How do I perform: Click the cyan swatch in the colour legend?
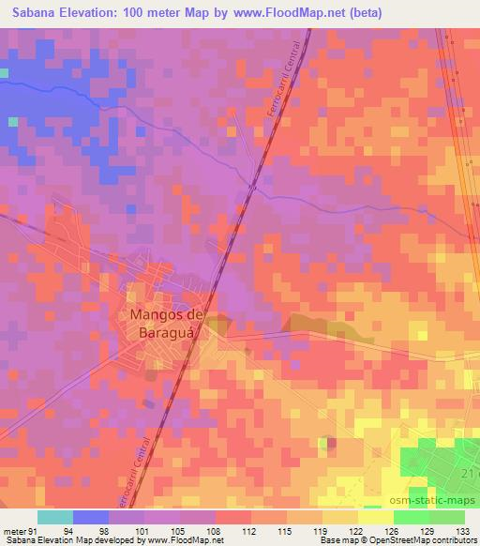[55, 517]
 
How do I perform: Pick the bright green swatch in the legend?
[411, 517]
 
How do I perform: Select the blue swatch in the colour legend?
[91, 517]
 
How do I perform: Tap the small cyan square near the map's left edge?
[12, 121]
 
